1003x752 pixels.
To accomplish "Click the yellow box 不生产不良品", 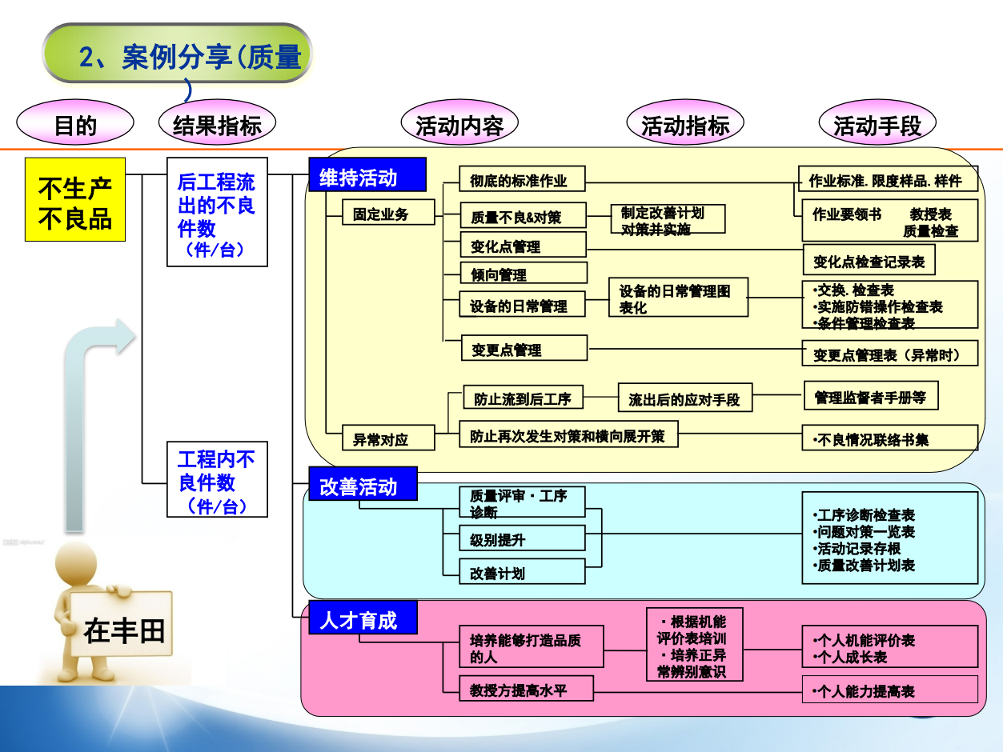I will click(75, 199).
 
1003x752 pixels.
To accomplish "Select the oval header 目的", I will click(75, 125).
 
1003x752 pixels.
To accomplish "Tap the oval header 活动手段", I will click(877, 125).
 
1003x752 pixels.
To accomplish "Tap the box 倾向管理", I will click(523, 274).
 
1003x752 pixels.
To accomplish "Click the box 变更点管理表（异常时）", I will click(889, 354).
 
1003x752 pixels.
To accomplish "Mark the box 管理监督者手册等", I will click(870, 396).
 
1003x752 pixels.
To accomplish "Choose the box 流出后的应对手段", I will click(685, 398).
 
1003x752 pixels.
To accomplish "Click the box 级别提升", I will click(522, 538).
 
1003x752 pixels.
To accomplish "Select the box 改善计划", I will click(522, 572).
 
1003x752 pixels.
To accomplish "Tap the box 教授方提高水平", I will click(526, 689).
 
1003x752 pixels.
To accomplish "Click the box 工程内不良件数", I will click(217, 479).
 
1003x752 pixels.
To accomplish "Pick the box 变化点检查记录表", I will click(869, 260).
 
